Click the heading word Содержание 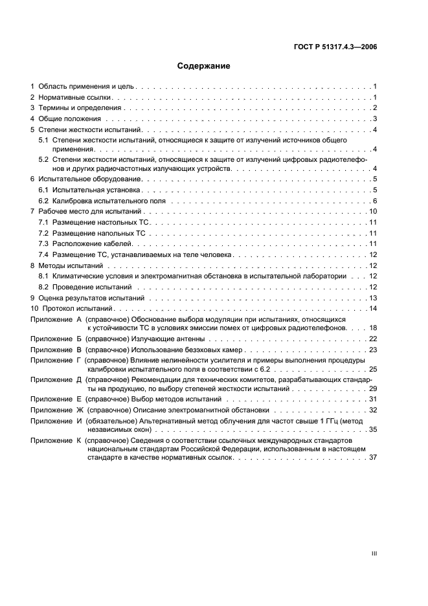click(x=204, y=66)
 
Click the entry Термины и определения click(x=76, y=107)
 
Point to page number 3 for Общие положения click(x=375, y=119)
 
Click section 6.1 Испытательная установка click(x=95, y=190)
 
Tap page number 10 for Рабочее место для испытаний click(x=373, y=212)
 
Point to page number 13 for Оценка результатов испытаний click(x=373, y=298)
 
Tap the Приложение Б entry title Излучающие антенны click(x=166, y=339)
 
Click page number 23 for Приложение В click(x=373, y=350)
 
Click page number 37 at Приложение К click(x=373, y=457)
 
